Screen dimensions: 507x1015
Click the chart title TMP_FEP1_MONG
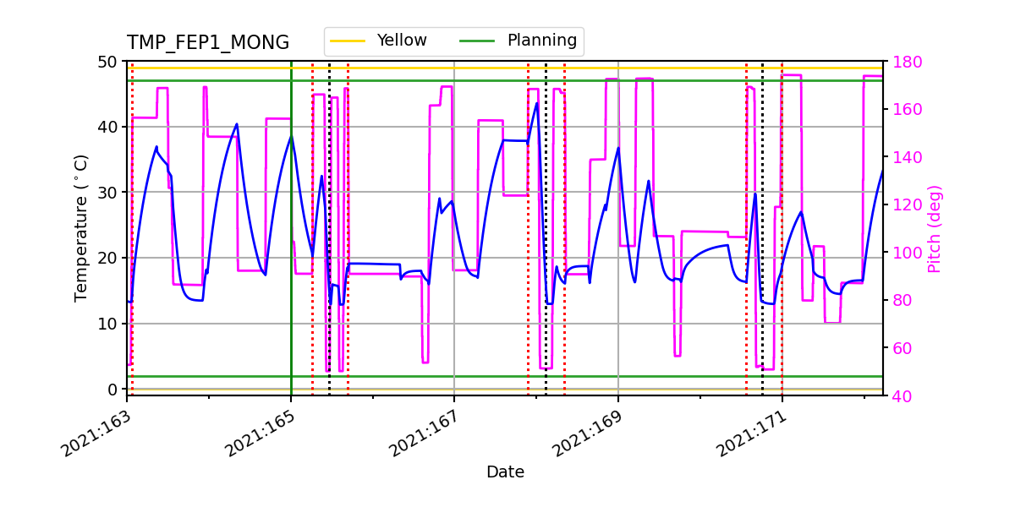(207, 43)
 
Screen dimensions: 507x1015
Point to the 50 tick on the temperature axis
(110, 62)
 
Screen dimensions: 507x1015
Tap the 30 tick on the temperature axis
(110, 193)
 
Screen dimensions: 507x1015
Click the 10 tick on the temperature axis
(110, 324)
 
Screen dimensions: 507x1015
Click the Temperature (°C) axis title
(81, 227)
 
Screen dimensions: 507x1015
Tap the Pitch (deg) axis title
(934, 228)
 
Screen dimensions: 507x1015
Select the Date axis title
(505, 472)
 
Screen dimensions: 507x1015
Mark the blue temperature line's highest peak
(537, 103)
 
